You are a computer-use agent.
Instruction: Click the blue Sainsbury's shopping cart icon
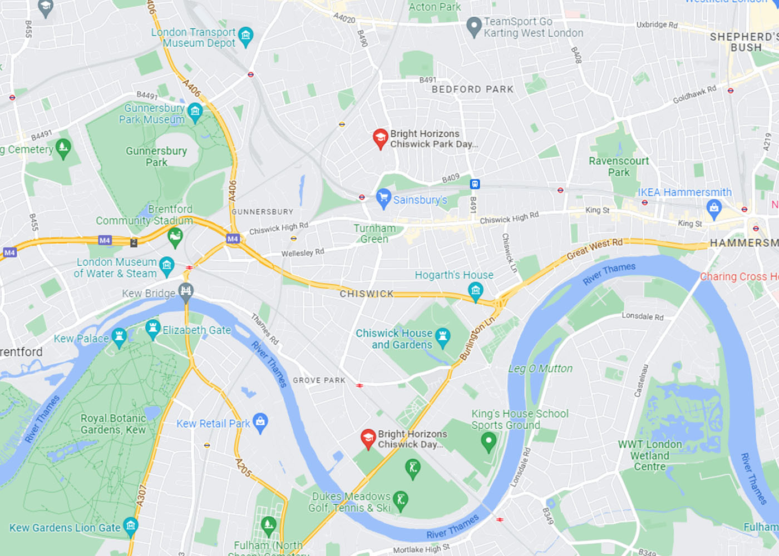pos(383,198)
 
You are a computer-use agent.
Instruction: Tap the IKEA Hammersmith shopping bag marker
pos(714,209)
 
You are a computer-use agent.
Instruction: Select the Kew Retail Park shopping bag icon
pos(260,422)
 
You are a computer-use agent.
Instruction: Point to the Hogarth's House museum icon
pos(475,290)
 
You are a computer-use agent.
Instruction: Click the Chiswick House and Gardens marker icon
pos(442,336)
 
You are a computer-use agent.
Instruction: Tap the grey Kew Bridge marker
pos(186,291)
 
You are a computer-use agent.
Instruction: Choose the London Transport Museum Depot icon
pos(245,37)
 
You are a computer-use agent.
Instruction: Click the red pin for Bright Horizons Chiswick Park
pos(380,138)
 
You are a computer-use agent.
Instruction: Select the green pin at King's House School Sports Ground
pos(489,441)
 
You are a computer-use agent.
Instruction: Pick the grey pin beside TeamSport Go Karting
pos(474,26)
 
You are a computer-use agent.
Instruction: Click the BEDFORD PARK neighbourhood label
pos(472,89)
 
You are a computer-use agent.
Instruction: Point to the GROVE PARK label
pos(319,380)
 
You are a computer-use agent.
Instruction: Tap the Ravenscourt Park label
pos(619,166)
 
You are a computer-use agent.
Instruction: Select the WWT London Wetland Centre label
pos(649,455)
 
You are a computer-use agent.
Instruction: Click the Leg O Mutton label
pos(540,369)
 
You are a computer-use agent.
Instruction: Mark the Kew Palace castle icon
pos(119,336)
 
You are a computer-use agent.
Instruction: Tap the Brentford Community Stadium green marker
pos(175,237)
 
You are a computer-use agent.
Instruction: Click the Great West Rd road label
pos(594,249)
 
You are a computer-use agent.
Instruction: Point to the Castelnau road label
pos(642,381)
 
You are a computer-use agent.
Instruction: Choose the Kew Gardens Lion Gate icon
pos(131,525)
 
